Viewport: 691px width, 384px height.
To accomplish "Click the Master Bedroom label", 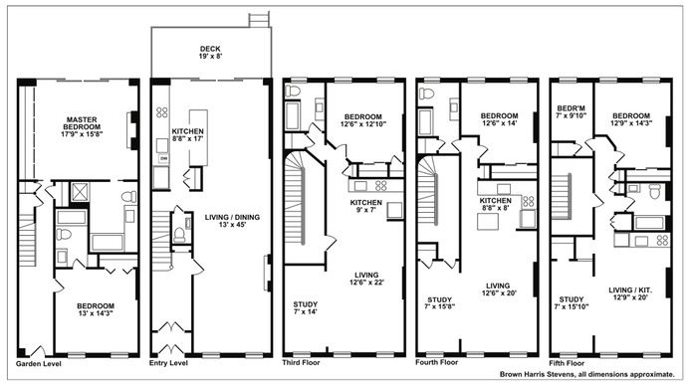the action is [82, 126].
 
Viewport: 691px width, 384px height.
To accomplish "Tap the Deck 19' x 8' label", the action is [210, 53].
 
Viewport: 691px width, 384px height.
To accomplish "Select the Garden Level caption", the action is [39, 364].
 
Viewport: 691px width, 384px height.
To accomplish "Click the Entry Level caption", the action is [168, 363].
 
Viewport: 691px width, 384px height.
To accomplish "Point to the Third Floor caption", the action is [301, 362].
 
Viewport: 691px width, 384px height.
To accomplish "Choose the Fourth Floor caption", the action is [437, 362].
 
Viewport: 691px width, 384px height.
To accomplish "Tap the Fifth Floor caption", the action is [567, 363].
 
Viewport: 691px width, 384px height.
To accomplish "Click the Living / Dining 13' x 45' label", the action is [232, 221].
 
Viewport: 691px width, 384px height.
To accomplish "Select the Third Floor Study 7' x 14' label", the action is [306, 307].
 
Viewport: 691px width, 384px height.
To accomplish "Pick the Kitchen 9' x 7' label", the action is [366, 206].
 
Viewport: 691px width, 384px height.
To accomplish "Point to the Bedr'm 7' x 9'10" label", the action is [572, 111].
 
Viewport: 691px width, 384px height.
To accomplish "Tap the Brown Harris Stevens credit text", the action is [587, 374].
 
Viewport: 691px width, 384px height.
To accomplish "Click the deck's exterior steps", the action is [259, 20].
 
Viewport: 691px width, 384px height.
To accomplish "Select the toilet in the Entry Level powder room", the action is [179, 234].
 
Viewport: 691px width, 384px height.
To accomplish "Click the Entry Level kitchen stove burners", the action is [161, 112].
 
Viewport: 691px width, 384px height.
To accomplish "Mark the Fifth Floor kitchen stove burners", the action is [663, 240].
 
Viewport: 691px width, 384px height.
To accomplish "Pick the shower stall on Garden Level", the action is [80, 192].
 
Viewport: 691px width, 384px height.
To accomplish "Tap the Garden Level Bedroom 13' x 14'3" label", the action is [96, 309].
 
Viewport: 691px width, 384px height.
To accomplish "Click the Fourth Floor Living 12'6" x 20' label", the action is [499, 289].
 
